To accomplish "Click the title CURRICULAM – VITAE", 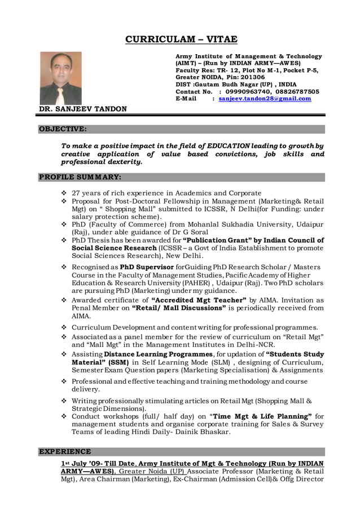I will pos(181,40).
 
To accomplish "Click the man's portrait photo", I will pos(60,78).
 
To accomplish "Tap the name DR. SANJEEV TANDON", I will pos(82,108).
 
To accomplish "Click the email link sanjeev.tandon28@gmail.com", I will pos(265,99).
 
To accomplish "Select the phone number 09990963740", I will pos(248,91).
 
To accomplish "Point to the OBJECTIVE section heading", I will pos(63,129).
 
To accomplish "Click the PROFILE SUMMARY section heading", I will pos(80,177).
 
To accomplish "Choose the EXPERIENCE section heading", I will pos(64,451).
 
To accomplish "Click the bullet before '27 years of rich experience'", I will pos(64,193).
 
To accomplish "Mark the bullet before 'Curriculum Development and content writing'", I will pos(64,327).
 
